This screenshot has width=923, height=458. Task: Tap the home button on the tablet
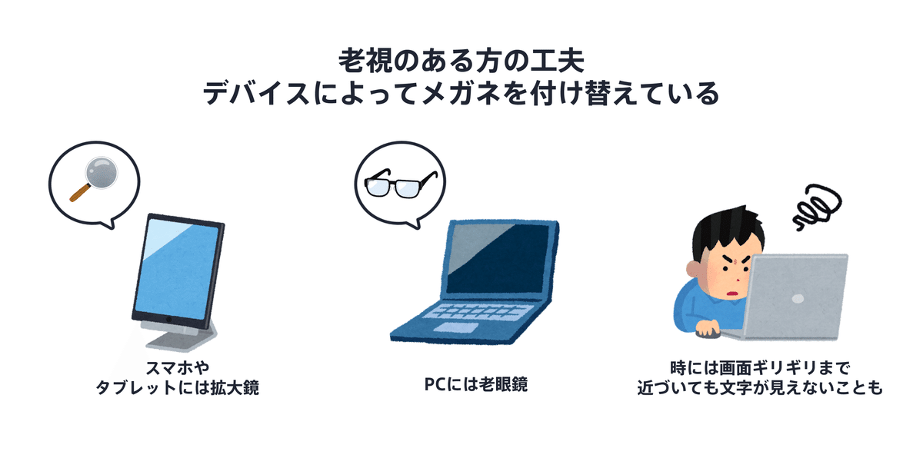(168, 319)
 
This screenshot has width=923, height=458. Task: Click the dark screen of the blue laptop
(499, 258)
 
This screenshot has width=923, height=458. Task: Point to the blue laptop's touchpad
(455, 327)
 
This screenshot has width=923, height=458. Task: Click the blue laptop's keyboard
(478, 311)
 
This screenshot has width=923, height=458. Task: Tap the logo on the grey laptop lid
(798, 298)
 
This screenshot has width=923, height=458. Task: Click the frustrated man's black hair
(725, 231)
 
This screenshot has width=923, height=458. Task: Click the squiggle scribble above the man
(817, 207)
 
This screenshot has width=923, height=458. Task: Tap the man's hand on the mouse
(707, 329)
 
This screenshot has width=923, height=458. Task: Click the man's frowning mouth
(732, 294)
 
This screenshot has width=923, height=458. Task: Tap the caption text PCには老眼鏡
(476, 384)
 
